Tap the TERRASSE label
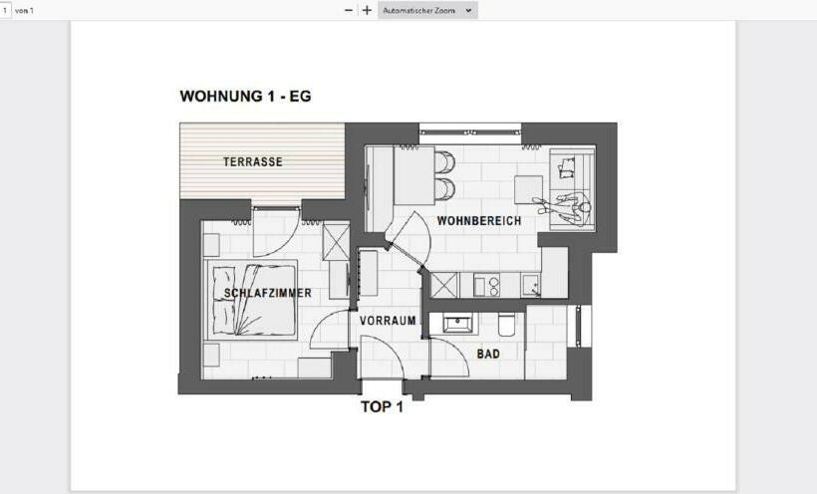[x=253, y=161]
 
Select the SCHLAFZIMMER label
[x=267, y=293]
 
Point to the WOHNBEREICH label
[x=478, y=220]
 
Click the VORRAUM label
[x=388, y=321]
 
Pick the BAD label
[x=488, y=354]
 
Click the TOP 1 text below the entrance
[x=381, y=406]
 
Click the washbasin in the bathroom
[x=458, y=325]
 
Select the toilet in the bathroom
[x=506, y=326]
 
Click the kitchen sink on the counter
[x=531, y=286]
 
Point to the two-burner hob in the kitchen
[x=486, y=286]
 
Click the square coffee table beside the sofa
[x=528, y=188]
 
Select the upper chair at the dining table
[x=445, y=161]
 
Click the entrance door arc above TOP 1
[x=380, y=357]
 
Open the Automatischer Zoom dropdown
[x=428, y=10]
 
